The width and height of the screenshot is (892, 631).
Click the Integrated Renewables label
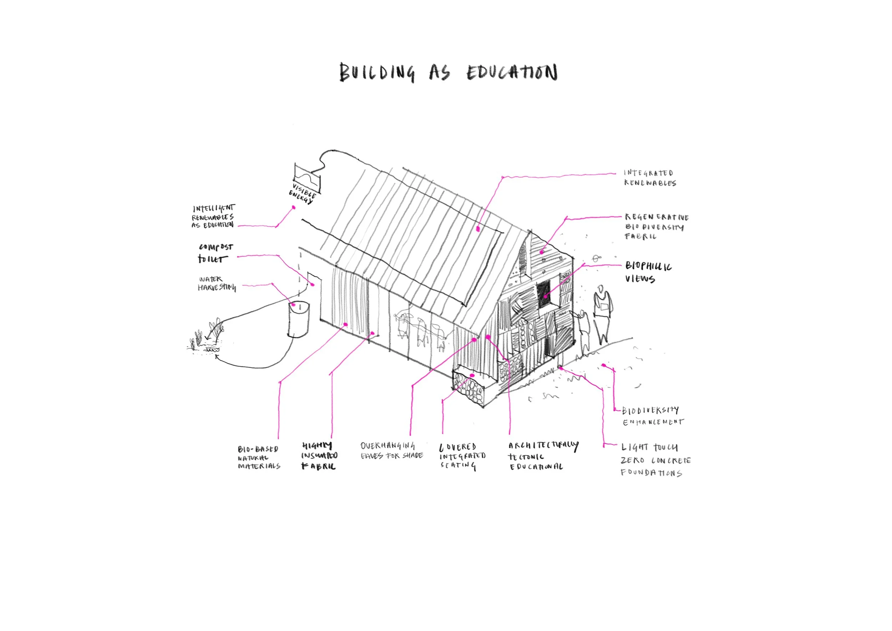click(650, 178)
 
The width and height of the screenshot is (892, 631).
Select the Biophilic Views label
click(648, 272)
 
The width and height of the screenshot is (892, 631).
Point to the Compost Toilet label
click(215, 253)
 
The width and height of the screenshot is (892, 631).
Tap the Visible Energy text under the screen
click(302, 193)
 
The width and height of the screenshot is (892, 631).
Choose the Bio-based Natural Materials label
click(259, 457)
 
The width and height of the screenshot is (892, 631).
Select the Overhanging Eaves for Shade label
click(391, 451)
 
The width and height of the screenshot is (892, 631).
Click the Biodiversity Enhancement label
click(652, 416)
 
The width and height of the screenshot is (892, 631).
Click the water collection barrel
click(299, 319)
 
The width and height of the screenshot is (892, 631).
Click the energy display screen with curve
click(307, 178)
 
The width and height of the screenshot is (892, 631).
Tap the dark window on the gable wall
click(543, 294)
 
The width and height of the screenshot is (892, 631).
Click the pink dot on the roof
click(478, 229)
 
